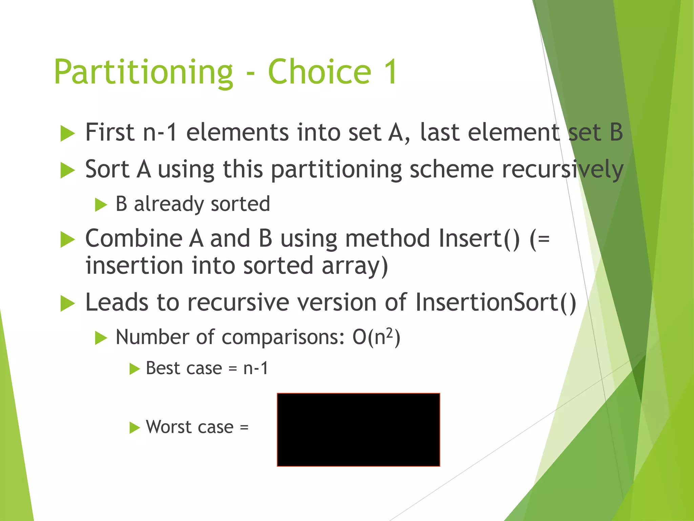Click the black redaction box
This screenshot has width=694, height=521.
pos(358,430)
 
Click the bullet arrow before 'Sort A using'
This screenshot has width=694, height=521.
pos(67,170)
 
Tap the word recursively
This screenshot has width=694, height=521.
pos(562,169)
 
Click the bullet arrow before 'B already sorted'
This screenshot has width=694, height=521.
pos(101,205)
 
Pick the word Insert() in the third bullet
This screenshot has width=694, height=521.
pos(479,238)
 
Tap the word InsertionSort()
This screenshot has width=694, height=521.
pos(495,302)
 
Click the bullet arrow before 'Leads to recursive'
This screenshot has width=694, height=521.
pos(67,303)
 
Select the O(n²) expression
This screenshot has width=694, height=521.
pos(376,337)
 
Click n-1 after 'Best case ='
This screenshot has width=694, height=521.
pos(256,368)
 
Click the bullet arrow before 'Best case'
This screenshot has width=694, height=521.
pos(135,369)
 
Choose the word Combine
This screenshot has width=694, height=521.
pos(134,238)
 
